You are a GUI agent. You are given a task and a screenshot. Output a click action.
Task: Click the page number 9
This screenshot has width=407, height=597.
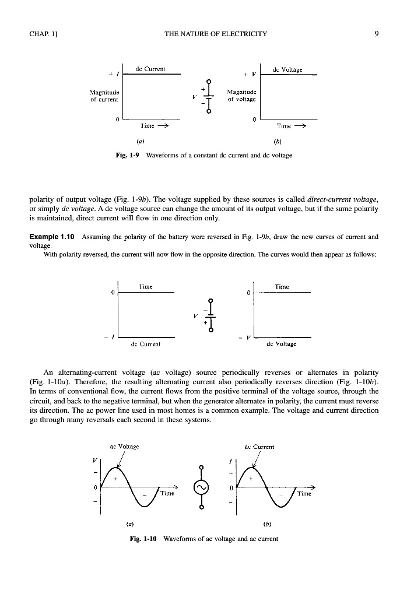point(377,33)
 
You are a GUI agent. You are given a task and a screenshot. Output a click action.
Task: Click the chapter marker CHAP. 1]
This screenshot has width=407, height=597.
point(42,33)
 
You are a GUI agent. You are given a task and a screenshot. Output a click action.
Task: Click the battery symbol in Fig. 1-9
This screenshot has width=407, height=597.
point(209,95)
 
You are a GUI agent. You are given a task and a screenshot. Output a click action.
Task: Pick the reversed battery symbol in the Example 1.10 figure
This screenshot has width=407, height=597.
point(209,315)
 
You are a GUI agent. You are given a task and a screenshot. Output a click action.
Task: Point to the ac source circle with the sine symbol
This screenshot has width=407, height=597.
point(202,486)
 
